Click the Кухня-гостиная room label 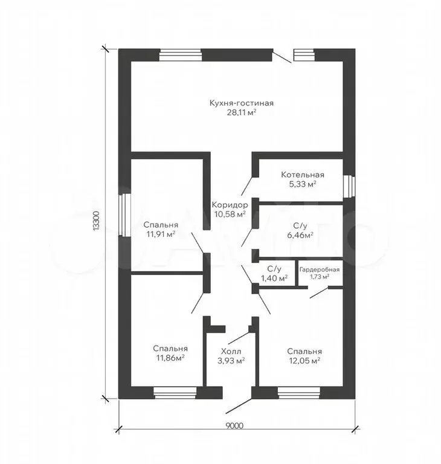click(x=241, y=103)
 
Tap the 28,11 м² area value click(x=241, y=112)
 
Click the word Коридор click(x=230, y=205)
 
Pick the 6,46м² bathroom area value click(x=300, y=235)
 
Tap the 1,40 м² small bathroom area click(x=274, y=278)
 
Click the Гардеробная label click(x=320, y=269)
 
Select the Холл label click(x=231, y=351)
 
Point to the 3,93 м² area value click(x=231, y=361)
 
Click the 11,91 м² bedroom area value click(x=161, y=234)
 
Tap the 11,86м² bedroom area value click(x=170, y=358)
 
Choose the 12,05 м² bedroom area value click(x=304, y=361)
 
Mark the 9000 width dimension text click(x=234, y=426)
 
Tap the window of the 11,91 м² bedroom click(x=124, y=215)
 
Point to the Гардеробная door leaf click(x=319, y=292)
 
